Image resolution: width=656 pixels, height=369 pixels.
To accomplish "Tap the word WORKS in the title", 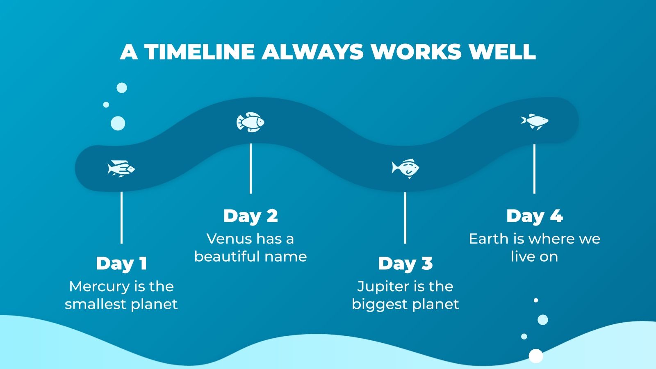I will (416, 52).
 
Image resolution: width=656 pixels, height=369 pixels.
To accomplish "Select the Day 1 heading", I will (121, 264).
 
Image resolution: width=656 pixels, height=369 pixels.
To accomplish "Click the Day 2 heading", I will (251, 216).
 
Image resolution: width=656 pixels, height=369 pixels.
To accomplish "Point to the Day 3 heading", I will (405, 264).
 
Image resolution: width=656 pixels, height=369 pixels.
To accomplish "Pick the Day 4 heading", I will (534, 216).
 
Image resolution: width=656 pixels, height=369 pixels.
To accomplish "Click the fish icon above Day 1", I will (121, 169).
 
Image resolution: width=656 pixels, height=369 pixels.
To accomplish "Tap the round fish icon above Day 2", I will (251, 122).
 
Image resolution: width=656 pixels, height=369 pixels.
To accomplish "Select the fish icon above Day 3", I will (405, 168).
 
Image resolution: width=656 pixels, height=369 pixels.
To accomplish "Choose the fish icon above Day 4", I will (535, 121).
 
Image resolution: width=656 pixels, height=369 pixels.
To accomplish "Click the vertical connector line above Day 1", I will (121, 217).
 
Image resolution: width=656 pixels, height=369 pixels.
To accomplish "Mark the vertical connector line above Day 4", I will (534, 169).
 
